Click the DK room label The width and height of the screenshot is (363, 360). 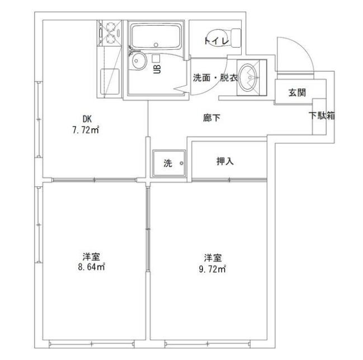click(87, 118)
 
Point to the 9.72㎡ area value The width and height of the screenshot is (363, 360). click(213, 269)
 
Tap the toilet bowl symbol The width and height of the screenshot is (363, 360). click(226, 37)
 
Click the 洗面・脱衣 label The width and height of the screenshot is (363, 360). click(215, 78)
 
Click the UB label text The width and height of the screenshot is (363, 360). click(158, 69)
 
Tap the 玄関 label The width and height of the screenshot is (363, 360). click(296, 92)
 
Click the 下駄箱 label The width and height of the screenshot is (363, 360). click(322, 116)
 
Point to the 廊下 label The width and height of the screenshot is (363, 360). click(211, 118)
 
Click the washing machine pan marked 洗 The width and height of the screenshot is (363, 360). click(170, 163)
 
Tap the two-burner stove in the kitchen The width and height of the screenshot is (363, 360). click(111, 32)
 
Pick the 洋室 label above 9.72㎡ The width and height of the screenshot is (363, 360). click(213, 258)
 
